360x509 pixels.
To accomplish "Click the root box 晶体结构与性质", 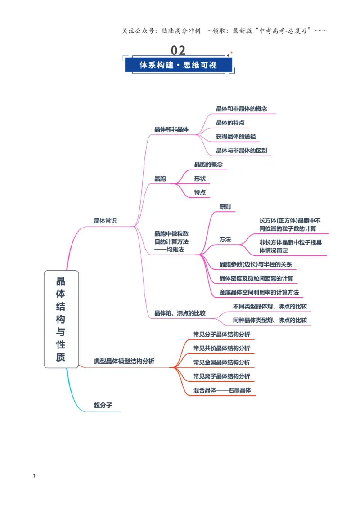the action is [61, 319].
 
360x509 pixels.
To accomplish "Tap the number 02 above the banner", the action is [178, 50].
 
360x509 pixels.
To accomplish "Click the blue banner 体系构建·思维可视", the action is [178, 65].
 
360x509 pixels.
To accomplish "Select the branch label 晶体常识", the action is [105, 221].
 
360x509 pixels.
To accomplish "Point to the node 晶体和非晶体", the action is [171, 129].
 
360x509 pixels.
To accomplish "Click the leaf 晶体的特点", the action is [230, 123].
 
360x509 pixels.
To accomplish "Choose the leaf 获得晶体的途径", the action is [236, 137].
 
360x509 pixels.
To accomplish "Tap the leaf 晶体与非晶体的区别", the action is [241, 151].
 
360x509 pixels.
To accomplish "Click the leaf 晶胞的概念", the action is [208, 165].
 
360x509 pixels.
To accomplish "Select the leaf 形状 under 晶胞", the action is [200, 179].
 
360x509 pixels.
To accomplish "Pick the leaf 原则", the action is [225, 207].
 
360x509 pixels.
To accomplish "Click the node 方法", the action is [225, 240].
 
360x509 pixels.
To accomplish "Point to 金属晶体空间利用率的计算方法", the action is [259, 292].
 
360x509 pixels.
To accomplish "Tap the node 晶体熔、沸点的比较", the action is [180, 313].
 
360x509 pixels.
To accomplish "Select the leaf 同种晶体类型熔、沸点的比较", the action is [270, 321].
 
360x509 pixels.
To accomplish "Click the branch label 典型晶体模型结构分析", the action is [124, 362].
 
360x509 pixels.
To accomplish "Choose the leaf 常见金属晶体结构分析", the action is [221, 362].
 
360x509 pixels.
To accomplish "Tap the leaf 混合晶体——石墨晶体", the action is [222, 390].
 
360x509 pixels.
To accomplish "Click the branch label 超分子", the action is [103, 405].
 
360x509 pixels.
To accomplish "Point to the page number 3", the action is [34, 476].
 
